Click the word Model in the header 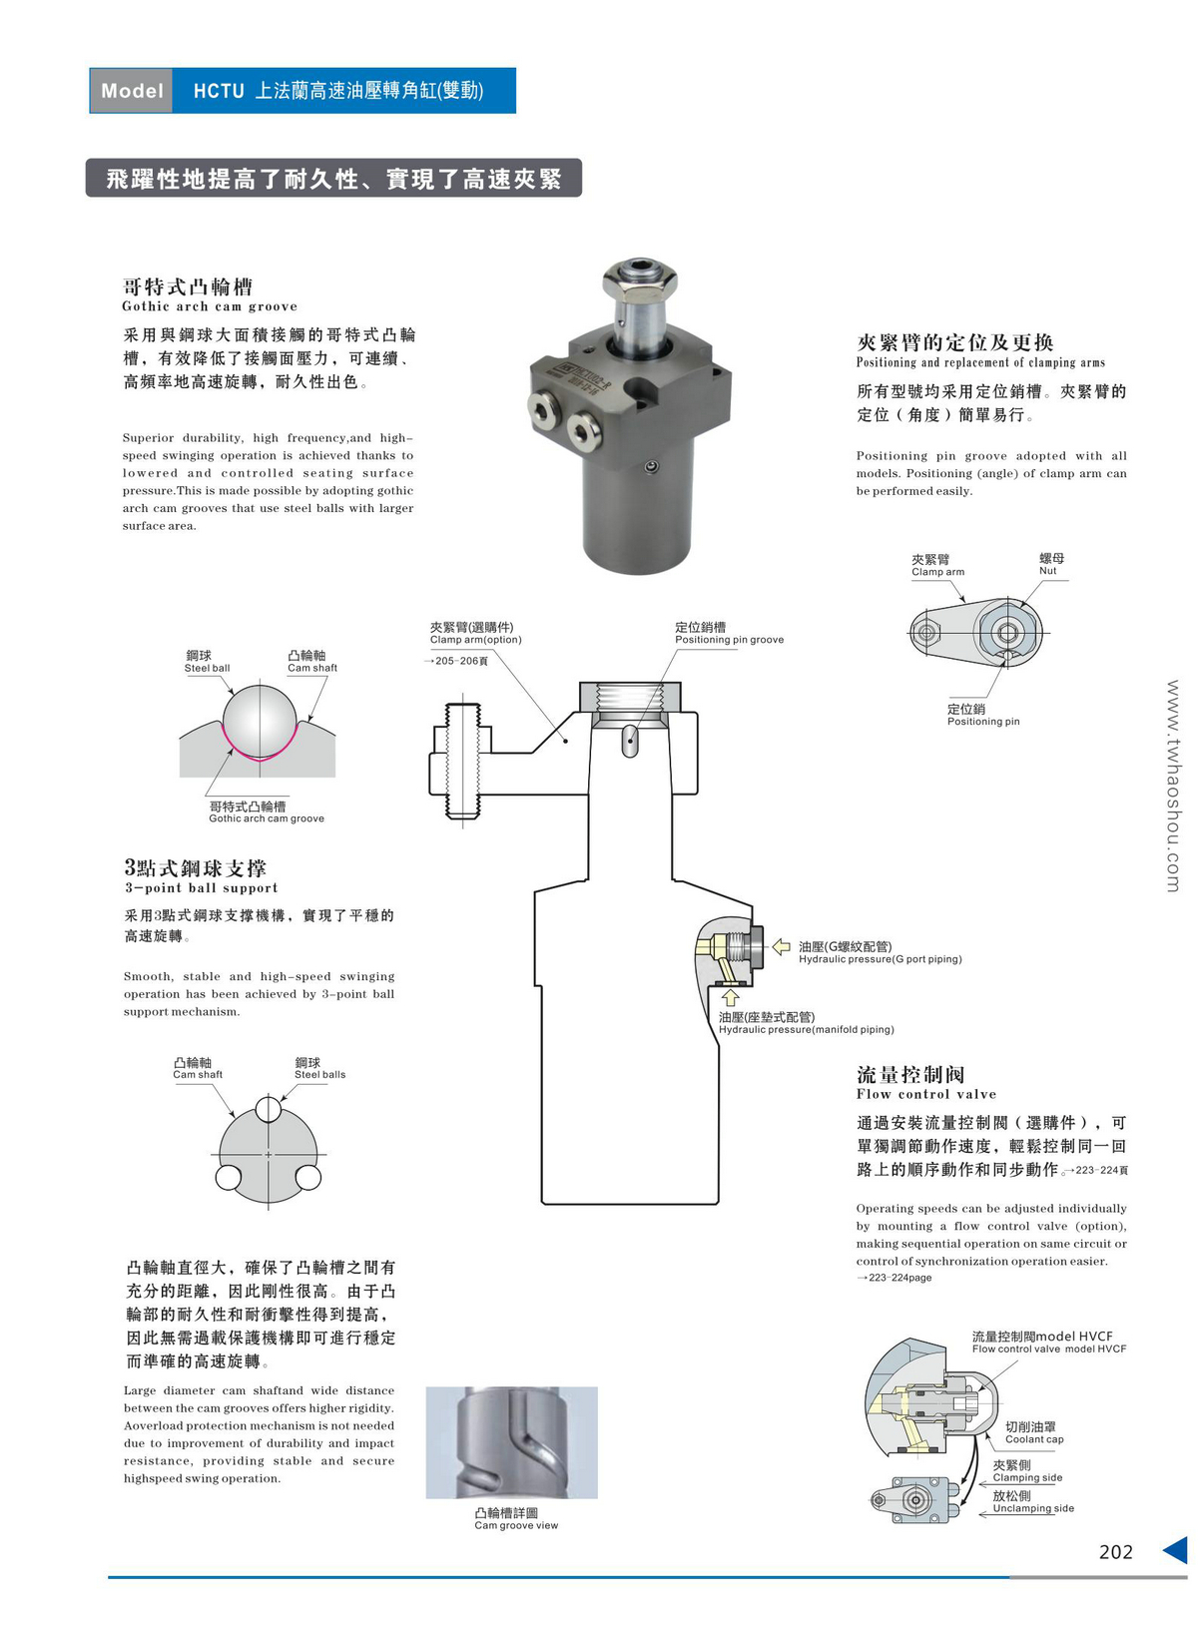(132, 91)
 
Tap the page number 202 (1115, 1551)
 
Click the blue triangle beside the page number (1175, 1550)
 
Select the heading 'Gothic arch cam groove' (210, 306)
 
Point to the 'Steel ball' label (207, 668)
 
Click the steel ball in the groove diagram (260, 720)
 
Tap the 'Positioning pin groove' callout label (729, 640)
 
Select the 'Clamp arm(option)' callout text (475, 640)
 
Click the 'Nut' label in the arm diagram (1047, 571)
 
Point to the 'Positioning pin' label (983, 721)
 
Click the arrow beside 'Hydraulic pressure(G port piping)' (782, 946)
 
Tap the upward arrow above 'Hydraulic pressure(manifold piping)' (730, 996)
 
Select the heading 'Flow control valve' (925, 1094)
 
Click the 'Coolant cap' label (1034, 1439)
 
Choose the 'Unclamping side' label (1033, 1508)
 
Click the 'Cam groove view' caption (516, 1525)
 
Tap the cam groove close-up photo (511, 1441)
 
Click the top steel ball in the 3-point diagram (268, 1109)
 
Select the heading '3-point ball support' (201, 887)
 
